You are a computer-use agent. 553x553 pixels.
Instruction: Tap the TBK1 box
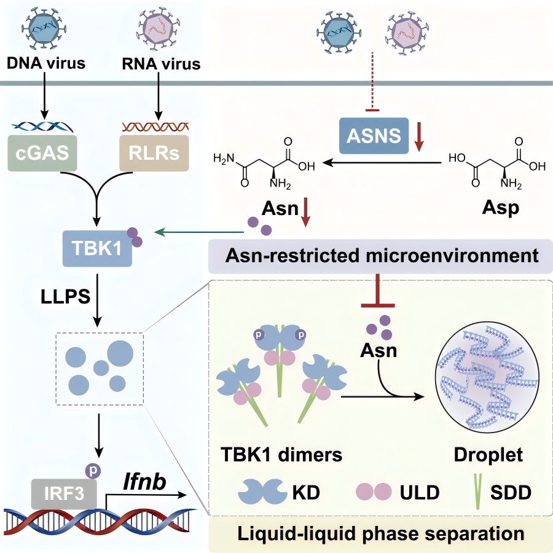(97, 249)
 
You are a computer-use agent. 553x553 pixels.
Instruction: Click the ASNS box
(374, 136)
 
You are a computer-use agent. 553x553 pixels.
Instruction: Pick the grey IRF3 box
(63, 493)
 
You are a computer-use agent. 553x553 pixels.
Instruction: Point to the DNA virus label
(45, 63)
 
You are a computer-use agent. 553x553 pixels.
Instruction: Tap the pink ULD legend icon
(374, 492)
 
